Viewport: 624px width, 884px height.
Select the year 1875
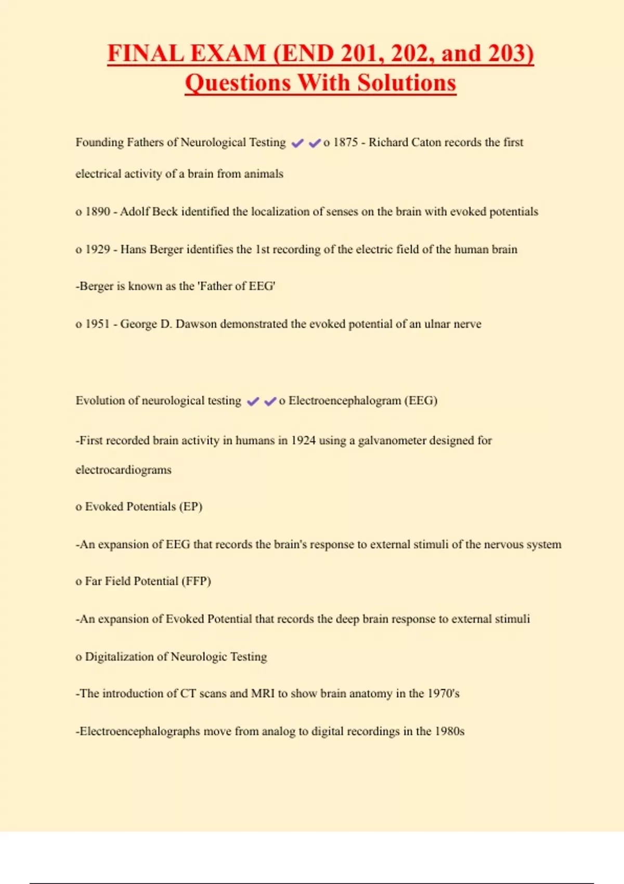click(346, 142)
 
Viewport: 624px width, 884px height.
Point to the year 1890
click(98, 212)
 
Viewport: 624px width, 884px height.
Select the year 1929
click(98, 250)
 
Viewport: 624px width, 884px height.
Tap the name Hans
click(133, 250)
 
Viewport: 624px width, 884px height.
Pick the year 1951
click(98, 324)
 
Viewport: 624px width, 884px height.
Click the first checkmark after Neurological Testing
click(297, 143)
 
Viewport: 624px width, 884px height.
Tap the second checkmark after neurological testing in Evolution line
click(270, 401)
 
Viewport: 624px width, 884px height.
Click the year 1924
click(303, 440)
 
